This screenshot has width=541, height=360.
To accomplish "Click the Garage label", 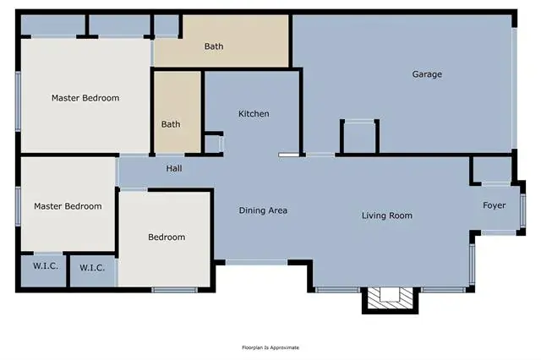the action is click(x=427, y=74).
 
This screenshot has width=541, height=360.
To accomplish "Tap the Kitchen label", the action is click(x=254, y=113).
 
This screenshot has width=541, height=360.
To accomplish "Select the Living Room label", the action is click(x=387, y=215).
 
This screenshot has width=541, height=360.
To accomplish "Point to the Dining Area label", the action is click(x=263, y=210).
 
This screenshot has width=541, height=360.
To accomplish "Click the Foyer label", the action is click(x=494, y=205).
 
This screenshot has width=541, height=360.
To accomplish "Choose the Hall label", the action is click(x=174, y=168).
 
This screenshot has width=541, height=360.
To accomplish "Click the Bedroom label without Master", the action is click(x=167, y=237).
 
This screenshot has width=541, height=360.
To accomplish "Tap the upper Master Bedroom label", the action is click(x=85, y=98).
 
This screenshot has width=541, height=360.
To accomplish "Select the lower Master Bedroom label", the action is click(x=68, y=206).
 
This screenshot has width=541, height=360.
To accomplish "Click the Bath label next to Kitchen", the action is click(x=171, y=124).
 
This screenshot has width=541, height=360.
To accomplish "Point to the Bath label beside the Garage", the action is click(x=214, y=46).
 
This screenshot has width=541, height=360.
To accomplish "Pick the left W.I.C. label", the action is click(x=45, y=266).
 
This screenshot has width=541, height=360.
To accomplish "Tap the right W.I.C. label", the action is click(x=92, y=268).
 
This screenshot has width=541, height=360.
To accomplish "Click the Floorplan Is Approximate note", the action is click(x=270, y=347).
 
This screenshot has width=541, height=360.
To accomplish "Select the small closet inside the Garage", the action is click(x=359, y=136).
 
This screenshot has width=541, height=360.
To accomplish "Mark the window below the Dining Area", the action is click(x=256, y=263).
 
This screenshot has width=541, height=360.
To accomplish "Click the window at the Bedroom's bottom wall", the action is click(x=175, y=290).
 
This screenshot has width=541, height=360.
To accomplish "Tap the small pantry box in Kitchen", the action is click(x=214, y=144).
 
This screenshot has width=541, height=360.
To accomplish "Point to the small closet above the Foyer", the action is click(x=492, y=171).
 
